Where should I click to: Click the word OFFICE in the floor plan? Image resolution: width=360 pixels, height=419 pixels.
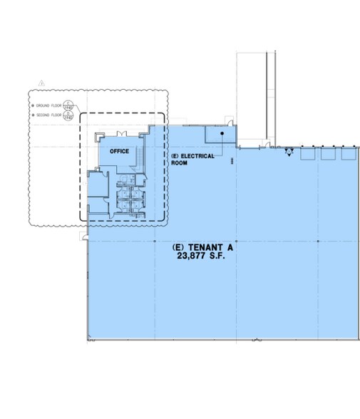click(x=119, y=150)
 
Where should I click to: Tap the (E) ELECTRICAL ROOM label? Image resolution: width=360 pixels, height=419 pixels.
click(x=192, y=159)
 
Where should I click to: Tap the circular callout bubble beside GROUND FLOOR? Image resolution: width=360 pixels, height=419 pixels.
click(x=68, y=105)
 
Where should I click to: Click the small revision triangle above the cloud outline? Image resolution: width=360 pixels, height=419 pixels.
click(x=42, y=83)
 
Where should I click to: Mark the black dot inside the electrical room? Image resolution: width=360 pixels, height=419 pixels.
click(x=222, y=133)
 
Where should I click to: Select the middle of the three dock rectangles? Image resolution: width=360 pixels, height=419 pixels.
click(x=328, y=153)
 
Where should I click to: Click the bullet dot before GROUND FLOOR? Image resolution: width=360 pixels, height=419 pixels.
click(x=33, y=105)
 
